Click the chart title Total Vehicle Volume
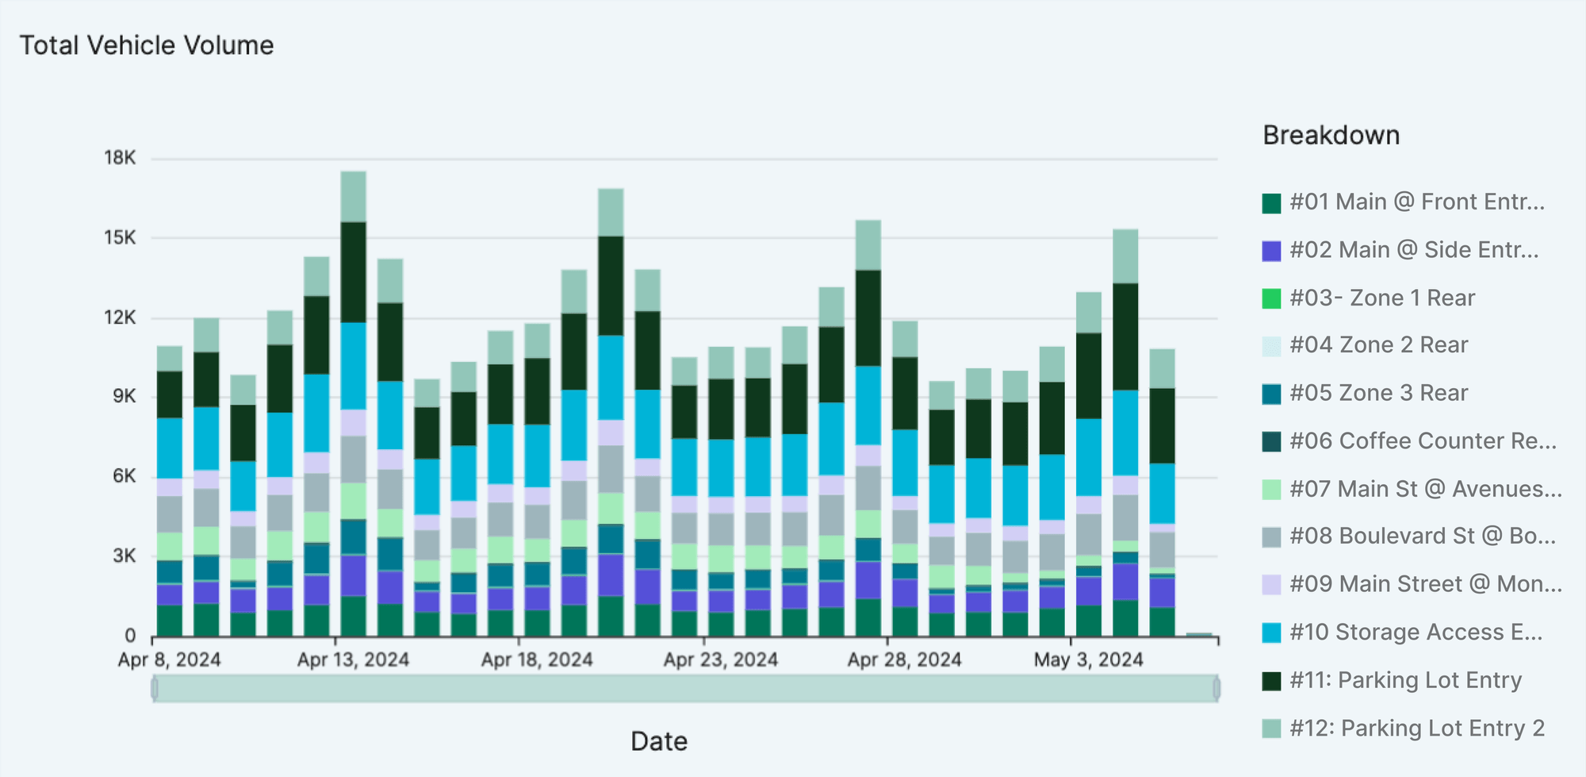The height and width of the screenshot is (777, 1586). (147, 45)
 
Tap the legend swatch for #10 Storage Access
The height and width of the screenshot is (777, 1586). (1271, 633)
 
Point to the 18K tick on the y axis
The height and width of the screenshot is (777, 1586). (121, 158)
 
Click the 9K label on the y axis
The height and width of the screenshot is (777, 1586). (125, 396)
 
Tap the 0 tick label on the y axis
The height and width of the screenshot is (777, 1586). (130, 636)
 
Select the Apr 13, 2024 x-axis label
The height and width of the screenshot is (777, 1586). (353, 660)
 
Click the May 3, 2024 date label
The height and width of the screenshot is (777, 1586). (1088, 660)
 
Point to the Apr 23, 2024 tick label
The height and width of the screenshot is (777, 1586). (720, 660)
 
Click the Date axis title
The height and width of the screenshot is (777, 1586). (658, 741)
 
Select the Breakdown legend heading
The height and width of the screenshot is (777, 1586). (1331, 136)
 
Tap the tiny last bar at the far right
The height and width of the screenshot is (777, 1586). (1199, 634)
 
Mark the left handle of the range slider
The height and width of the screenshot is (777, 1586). (155, 688)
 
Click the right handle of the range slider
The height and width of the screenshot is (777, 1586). (1216, 688)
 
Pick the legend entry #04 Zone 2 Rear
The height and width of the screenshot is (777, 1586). (1378, 345)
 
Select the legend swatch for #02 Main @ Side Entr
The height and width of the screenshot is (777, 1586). (1271, 251)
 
